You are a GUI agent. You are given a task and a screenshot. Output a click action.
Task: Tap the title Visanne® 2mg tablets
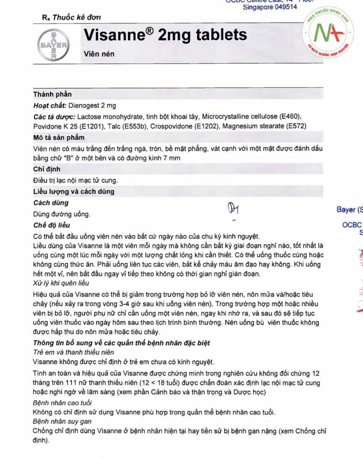coord(165,34)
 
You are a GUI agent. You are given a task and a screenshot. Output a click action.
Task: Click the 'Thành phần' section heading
coord(52,94)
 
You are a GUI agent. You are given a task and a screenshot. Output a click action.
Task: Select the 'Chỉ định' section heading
coord(46,169)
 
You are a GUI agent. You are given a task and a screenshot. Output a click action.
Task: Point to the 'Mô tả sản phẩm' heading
coord(59,137)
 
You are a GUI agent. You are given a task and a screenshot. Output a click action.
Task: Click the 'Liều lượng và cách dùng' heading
coord(73,192)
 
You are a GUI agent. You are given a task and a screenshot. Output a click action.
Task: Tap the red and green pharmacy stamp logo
coord(330,34)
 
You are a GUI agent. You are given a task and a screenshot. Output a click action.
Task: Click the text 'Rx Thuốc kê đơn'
coord(71,17)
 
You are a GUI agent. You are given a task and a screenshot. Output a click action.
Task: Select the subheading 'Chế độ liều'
coord(52,225)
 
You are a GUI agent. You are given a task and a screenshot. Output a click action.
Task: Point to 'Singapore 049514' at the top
coord(270,7)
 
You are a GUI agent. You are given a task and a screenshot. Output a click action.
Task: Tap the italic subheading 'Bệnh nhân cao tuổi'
coord(62,402)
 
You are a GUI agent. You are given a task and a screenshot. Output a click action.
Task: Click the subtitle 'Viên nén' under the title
coord(99,54)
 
